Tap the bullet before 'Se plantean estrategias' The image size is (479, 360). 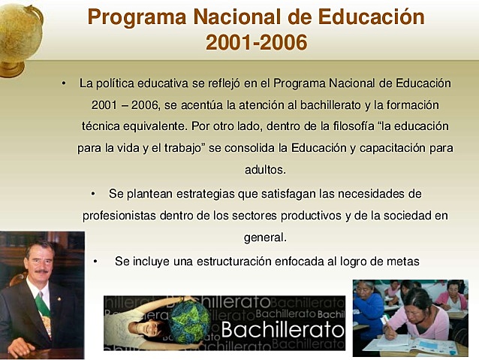coord(93,194)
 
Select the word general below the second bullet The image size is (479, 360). coord(264,237)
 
